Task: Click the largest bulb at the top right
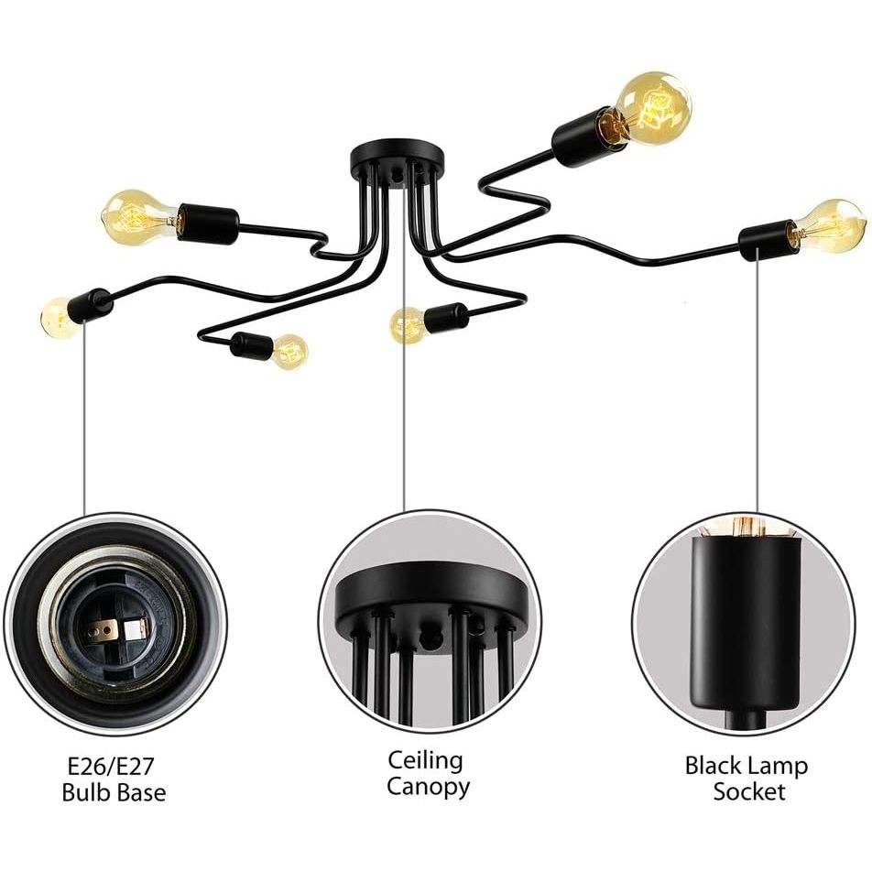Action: (x=653, y=108)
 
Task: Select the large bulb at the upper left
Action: (x=137, y=216)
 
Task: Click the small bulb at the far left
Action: (x=60, y=317)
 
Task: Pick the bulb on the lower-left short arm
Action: (x=289, y=351)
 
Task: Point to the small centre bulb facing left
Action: (x=408, y=324)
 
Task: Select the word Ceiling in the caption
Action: (x=426, y=760)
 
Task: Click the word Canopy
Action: (x=428, y=787)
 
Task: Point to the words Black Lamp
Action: (x=747, y=766)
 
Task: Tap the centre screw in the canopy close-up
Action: (x=429, y=634)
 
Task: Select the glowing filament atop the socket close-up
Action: (x=742, y=529)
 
